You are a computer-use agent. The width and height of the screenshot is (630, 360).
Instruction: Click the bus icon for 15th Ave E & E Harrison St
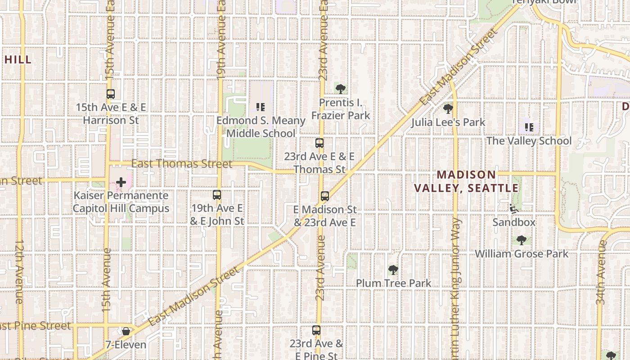tap(111, 94)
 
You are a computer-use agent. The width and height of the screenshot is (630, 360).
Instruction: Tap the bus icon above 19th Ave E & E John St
tap(217, 195)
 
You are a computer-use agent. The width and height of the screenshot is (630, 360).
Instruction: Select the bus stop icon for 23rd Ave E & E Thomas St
tap(319, 143)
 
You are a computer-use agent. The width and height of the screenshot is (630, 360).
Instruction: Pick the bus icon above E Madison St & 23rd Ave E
tap(325, 196)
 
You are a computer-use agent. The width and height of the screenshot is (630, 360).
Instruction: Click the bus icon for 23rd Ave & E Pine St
tap(316, 330)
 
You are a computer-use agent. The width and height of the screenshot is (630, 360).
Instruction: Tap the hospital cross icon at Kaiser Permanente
tap(121, 182)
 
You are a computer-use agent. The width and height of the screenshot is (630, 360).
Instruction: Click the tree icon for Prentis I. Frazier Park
tap(341, 89)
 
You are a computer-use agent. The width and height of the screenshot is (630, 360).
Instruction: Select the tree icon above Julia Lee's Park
tap(448, 108)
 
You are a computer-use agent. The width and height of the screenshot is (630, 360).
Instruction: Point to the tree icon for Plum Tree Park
tap(393, 270)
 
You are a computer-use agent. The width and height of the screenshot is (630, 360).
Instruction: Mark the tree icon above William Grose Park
tap(522, 240)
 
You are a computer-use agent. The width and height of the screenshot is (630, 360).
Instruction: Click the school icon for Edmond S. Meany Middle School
tap(261, 107)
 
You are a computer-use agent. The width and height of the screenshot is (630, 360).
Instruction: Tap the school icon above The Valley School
tap(529, 127)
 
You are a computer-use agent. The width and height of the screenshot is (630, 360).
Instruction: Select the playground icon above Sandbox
tap(513, 209)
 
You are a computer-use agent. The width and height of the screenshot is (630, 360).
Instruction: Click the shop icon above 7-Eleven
tap(126, 332)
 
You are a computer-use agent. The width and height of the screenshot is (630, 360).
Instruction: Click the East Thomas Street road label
tap(182, 163)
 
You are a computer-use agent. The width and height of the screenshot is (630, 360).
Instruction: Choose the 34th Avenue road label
tap(601, 272)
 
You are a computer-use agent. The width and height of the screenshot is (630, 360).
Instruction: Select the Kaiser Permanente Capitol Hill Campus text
tap(121, 202)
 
